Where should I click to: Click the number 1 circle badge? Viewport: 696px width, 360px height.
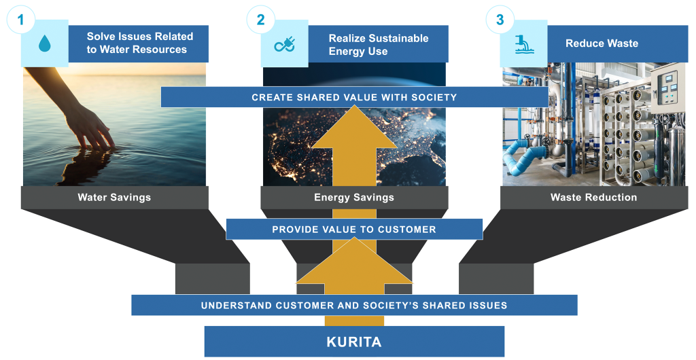(x=20, y=20)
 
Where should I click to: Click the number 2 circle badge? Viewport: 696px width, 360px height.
(x=260, y=20)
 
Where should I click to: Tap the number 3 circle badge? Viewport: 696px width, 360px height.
(x=500, y=20)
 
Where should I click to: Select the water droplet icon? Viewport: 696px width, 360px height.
(x=45, y=44)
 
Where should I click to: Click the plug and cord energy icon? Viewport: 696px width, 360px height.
(x=284, y=45)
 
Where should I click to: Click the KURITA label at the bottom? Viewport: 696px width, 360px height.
(x=354, y=342)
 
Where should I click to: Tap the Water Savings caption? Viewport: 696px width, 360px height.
(x=114, y=198)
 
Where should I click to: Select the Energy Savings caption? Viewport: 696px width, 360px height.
(x=353, y=198)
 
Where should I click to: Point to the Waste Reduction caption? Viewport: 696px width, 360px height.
(x=593, y=198)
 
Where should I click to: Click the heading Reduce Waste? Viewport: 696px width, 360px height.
(x=602, y=43)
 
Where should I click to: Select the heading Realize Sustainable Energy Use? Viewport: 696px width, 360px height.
(x=379, y=44)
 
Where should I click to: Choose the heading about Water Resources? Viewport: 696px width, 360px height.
(x=139, y=43)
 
